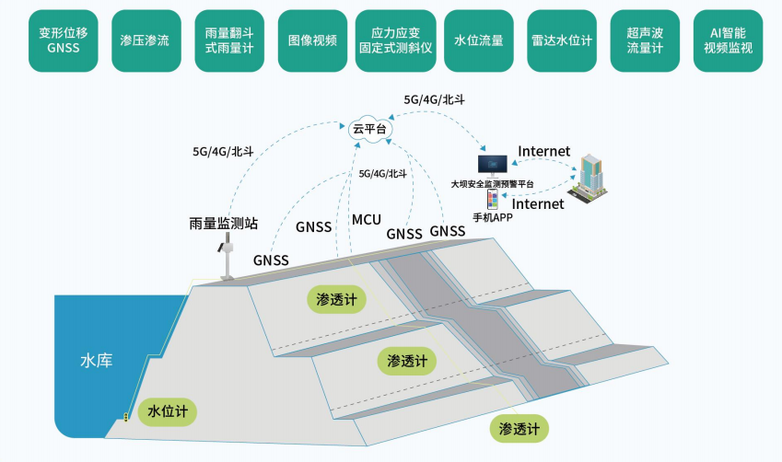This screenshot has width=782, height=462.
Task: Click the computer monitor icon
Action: (x=492, y=166)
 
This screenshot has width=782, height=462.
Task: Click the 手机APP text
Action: (x=492, y=218)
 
